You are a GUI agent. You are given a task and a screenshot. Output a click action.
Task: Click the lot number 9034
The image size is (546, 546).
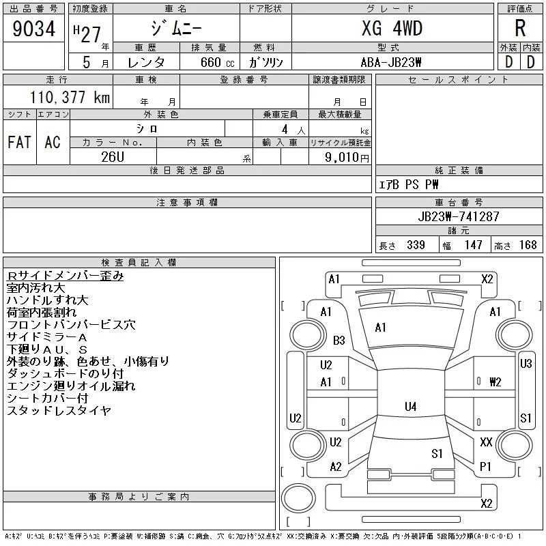point(33,29)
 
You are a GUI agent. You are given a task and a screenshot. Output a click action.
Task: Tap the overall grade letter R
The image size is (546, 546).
point(520,29)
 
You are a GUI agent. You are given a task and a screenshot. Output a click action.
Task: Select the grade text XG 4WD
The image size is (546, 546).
point(392,29)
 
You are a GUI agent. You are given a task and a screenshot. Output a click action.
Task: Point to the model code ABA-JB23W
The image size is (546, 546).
point(392,61)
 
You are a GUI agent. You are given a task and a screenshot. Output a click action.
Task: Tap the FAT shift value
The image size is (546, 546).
point(19,142)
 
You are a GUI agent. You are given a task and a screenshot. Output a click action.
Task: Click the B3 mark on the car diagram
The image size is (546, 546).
point(339,341)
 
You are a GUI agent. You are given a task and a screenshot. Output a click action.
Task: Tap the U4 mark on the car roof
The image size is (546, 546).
point(410,407)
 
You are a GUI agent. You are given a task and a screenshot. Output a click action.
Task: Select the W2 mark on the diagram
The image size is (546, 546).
point(495,382)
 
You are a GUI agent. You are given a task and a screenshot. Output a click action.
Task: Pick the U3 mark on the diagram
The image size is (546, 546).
point(526,364)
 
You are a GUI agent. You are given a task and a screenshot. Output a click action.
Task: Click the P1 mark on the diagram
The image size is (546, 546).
point(486,466)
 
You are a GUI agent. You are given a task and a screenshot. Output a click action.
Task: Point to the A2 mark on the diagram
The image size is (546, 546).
point(335,467)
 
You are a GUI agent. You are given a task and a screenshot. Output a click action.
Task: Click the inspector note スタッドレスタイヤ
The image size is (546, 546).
point(59,411)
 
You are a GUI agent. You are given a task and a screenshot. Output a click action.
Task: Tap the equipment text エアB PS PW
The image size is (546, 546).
point(409,184)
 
